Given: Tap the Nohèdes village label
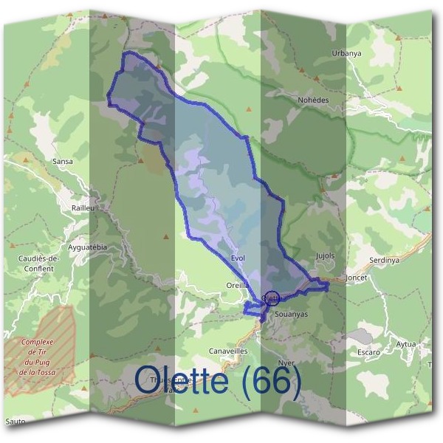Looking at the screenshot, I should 312,100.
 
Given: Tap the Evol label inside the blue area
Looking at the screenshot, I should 237,258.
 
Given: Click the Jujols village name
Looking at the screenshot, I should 325,256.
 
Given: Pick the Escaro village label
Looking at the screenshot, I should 368,352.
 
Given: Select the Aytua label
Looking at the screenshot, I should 406,344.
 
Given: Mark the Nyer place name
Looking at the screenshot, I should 286,363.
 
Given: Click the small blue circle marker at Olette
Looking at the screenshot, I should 271,298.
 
